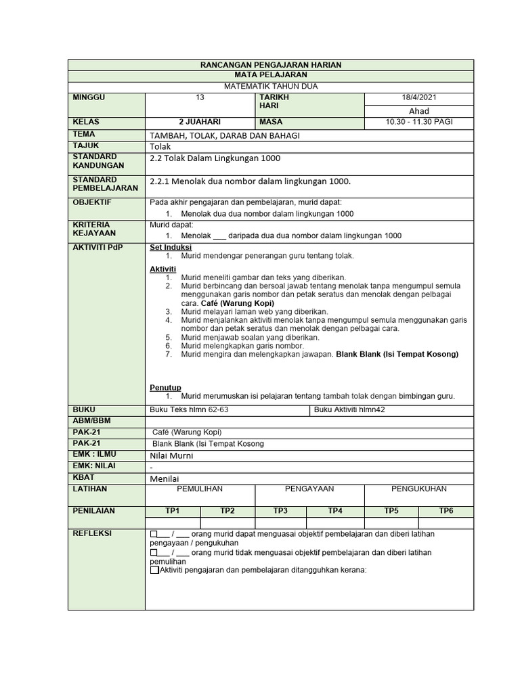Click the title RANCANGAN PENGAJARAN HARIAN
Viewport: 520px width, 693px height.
pos(271,64)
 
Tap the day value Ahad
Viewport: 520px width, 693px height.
pos(419,111)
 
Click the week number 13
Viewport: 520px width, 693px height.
pos(200,98)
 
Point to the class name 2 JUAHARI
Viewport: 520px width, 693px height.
pos(200,122)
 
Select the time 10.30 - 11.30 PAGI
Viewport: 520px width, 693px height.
pos(419,122)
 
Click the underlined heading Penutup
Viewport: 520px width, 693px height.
pos(165,387)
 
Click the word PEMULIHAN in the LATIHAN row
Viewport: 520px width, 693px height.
pos(200,489)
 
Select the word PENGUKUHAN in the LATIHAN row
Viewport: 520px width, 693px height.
pos(419,489)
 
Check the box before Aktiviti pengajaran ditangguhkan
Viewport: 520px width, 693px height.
pos(154,571)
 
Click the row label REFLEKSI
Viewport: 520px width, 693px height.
pos(93,534)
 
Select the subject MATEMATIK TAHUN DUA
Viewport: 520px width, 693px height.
pos(271,87)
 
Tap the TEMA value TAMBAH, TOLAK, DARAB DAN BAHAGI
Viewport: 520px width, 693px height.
pos(224,135)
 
